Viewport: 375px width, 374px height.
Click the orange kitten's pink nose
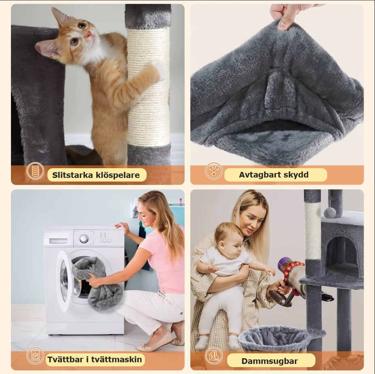coord(89,34)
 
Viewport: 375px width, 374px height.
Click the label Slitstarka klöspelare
coord(96,175)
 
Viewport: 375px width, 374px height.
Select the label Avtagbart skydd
coord(274,175)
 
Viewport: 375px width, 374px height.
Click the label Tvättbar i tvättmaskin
coord(95,359)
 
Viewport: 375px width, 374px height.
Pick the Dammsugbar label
coord(270,361)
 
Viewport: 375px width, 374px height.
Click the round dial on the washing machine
coord(84,239)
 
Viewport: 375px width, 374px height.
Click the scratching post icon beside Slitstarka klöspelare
coord(35,171)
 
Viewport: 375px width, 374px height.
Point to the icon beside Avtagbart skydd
coord(213,171)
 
